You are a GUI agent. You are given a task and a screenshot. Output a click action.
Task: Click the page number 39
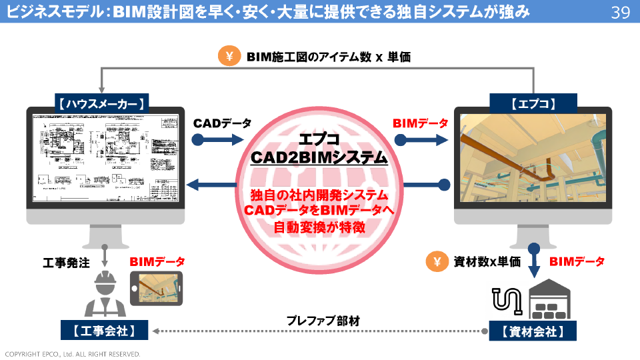[620, 12]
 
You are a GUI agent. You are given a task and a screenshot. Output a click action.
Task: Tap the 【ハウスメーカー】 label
[101, 103]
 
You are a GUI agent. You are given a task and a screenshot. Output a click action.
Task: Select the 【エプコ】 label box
[533, 103]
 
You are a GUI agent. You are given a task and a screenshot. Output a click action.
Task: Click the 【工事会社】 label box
[105, 331]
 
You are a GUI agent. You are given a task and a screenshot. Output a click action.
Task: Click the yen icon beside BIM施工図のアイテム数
[229, 57]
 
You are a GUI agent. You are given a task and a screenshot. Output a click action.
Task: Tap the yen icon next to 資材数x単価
[437, 262]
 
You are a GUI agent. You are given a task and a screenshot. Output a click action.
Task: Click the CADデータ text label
[223, 123]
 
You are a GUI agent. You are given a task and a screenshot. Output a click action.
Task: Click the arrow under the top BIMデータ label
[421, 140]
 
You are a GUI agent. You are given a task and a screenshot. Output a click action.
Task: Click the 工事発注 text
[66, 262]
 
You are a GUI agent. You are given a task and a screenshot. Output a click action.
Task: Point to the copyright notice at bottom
[73, 354]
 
